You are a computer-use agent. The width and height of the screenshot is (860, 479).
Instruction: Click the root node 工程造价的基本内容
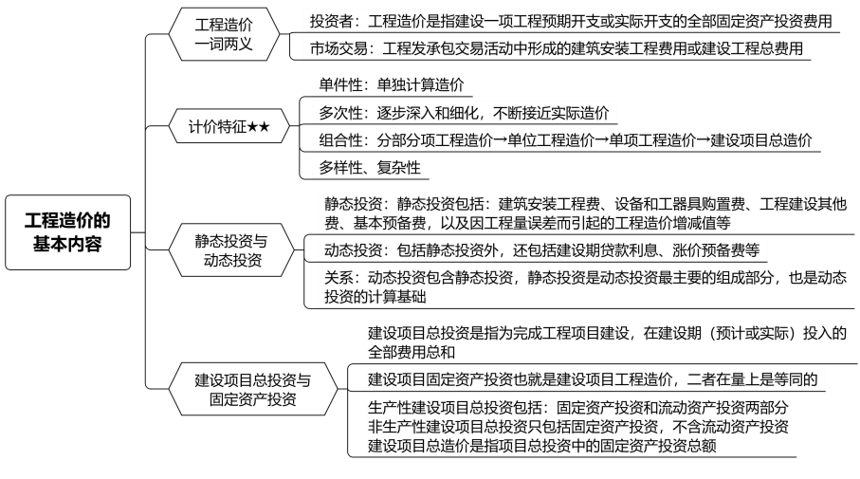pyautogui.click(x=67, y=231)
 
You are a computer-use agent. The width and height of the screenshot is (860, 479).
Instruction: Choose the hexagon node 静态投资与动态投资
pyautogui.click(x=232, y=249)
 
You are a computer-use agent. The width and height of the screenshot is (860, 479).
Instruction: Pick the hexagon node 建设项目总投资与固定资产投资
pyautogui.click(x=252, y=389)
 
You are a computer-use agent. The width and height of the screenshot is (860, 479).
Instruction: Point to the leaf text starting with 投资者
pyautogui.click(x=559, y=20)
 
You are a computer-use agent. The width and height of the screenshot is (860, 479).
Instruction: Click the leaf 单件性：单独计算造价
pyautogui.click(x=392, y=85)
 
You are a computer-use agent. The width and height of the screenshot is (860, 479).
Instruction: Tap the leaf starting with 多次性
pyautogui.click(x=464, y=113)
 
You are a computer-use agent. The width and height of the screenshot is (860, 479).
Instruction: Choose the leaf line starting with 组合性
pyautogui.click(x=566, y=140)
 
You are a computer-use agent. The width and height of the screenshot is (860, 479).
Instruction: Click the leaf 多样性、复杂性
pyautogui.click(x=370, y=168)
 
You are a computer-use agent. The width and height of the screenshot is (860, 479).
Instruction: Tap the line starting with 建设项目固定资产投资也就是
pyautogui.click(x=593, y=379)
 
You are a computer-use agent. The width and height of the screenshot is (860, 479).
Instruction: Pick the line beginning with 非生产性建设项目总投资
pyautogui.click(x=578, y=426)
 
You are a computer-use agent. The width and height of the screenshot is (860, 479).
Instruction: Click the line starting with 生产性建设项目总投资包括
pyautogui.click(x=578, y=407)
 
